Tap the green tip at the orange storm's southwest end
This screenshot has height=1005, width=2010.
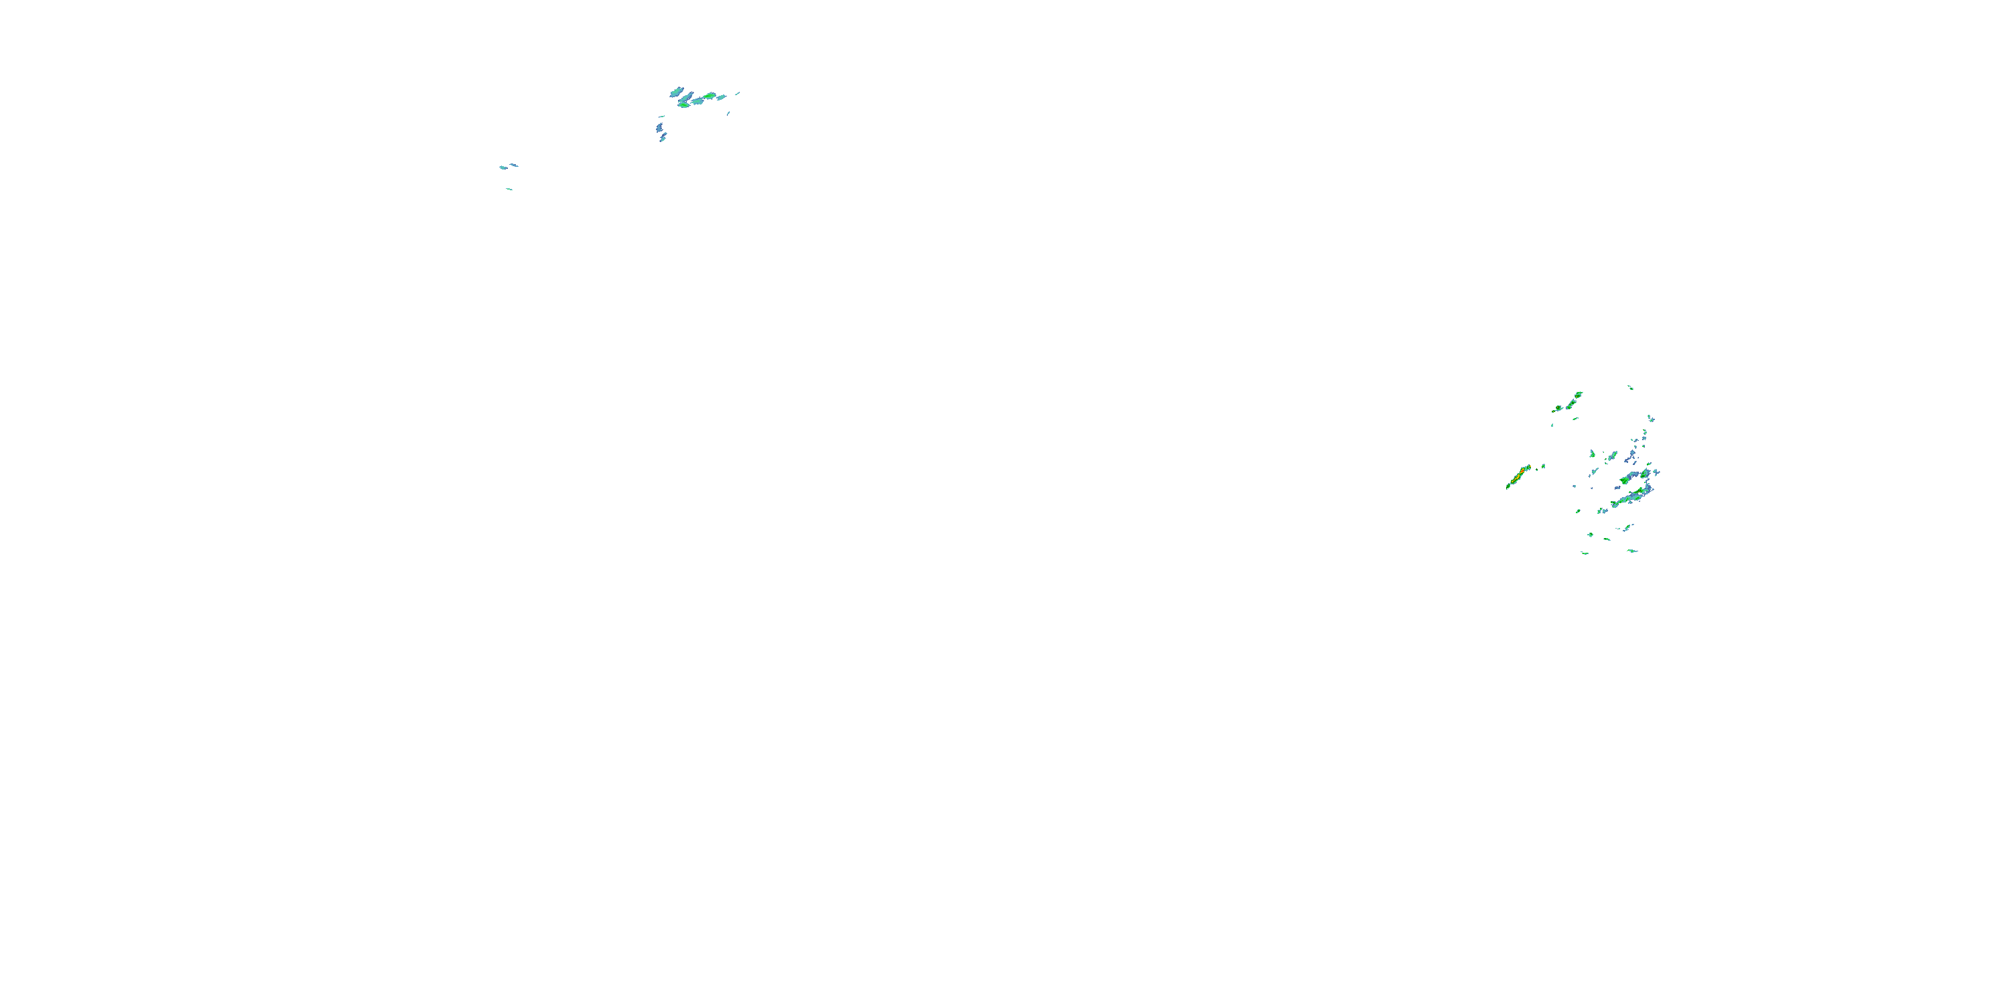(1508, 487)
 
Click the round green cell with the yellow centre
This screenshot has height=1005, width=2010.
(1558, 408)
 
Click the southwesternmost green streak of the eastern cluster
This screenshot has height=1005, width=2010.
(1584, 553)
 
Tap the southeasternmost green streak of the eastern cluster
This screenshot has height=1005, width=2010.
(1631, 551)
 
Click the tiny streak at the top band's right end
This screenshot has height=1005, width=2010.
(738, 93)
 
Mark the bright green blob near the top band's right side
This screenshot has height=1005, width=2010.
(710, 96)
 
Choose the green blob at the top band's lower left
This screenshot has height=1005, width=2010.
(683, 105)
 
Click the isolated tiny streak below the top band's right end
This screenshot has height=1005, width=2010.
(729, 113)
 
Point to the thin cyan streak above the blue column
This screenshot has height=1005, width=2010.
(662, 117)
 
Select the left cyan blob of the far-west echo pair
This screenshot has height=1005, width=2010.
(503, 167)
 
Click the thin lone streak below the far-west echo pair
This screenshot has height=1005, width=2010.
(509, 189)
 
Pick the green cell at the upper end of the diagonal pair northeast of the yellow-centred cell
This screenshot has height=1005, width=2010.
(1579, 394)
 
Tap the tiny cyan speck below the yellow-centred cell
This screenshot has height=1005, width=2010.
(1552, 425)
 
